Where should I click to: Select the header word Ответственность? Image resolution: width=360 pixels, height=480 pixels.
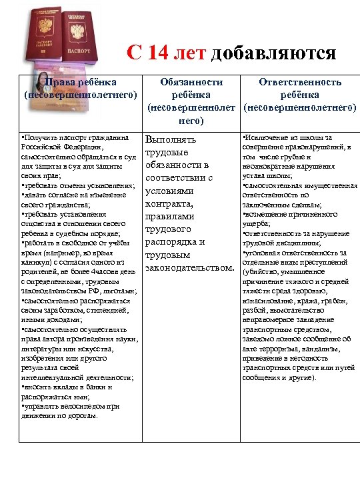point(300,82)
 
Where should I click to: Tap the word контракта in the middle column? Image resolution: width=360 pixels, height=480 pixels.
point(169,203)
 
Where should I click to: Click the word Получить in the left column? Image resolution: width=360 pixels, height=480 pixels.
point(41,137)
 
